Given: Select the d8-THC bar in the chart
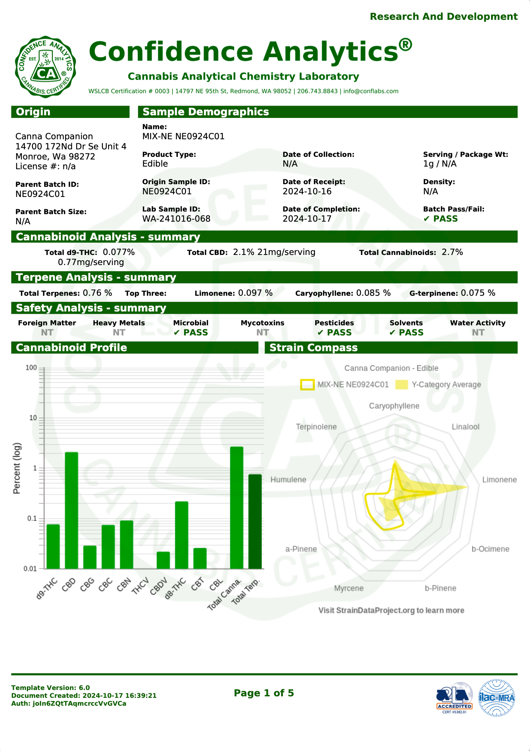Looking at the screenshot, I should pos(182,535).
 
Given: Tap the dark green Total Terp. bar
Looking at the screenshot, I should pos(255,522).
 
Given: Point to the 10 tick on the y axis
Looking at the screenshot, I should pos(33,418).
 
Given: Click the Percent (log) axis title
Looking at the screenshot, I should pos(17,468).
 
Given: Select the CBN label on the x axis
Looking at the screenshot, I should pos(124,584).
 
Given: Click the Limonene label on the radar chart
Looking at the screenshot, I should pos(499,480).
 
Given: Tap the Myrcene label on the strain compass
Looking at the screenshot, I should pos(348,588).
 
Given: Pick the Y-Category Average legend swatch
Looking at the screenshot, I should pos(401,384).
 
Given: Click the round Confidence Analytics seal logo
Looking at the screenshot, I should pos(46,67).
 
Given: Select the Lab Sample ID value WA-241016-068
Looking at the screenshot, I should pos(176,219).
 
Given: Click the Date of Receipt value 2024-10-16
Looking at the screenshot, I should pos(307,191).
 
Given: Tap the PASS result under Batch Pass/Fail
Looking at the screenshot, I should pos(441,219).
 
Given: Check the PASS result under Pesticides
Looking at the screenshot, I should pos(335,332).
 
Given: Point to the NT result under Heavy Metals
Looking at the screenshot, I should pos(119,332).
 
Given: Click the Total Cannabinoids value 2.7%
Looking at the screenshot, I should pos(452,252).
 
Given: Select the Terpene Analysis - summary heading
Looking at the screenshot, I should pos(96,277).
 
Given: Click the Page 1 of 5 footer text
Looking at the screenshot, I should pos(264,693).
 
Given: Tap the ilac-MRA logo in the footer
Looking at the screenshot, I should pos(497,698).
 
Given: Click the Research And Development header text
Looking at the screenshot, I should pos(444,16).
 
